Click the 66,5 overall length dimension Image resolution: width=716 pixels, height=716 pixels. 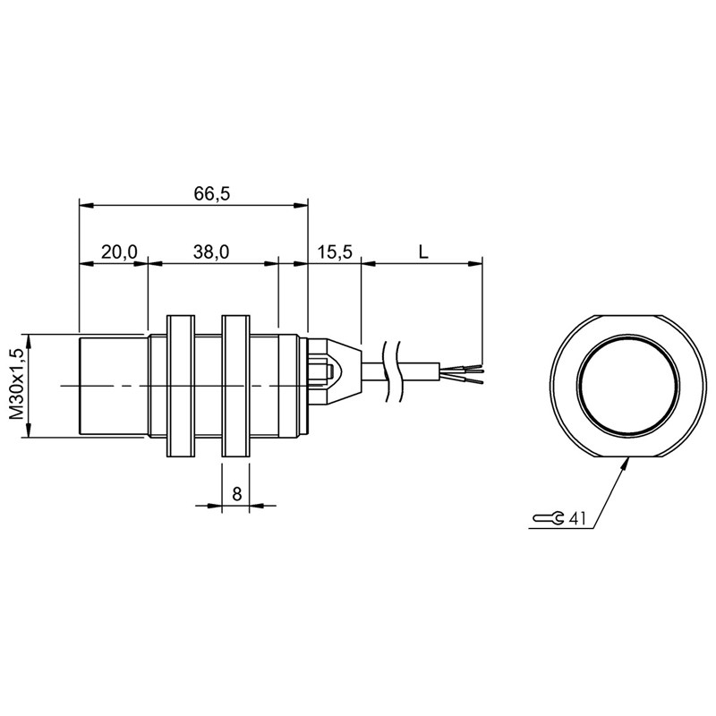pyautogui.click(x=212, y=194)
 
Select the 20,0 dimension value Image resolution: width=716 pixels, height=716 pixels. pyautogui.click(x=119, y=251)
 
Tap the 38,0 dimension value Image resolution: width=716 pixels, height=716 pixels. pyautogui.click(x=211, y=251)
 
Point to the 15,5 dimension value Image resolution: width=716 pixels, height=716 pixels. pyautogui.click(x=335, y=251)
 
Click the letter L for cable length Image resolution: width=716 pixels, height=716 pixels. pyautogui.click(x=423, y=251)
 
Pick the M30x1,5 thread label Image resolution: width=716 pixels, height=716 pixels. pyautogui.click(x=16, y=384)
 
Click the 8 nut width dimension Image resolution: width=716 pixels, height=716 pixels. pyautogui.click(x=236, y=494)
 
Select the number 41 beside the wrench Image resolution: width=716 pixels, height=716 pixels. pyautogui.click(x=576, y=518)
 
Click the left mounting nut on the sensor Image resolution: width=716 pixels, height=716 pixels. pyautogui.click(x=181, y=386)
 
